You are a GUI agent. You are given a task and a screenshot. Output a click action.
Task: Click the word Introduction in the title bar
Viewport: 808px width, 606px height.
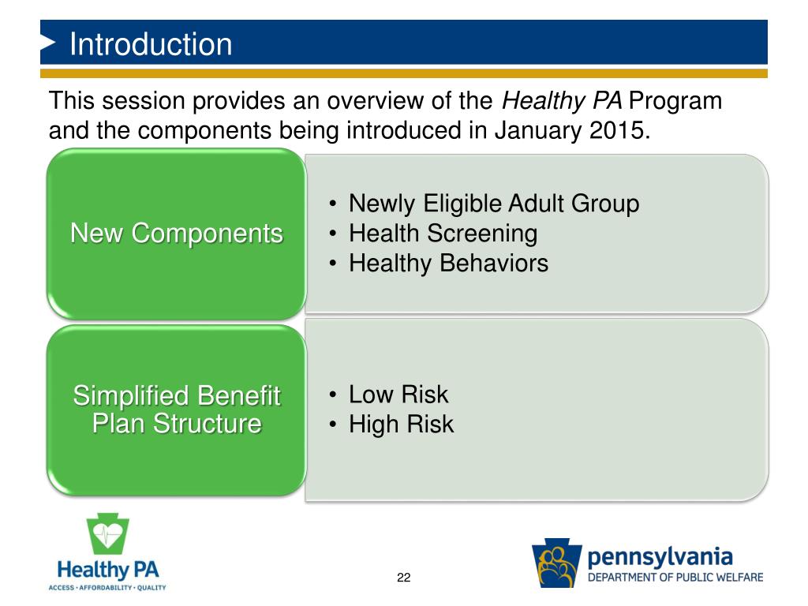coord(151,44)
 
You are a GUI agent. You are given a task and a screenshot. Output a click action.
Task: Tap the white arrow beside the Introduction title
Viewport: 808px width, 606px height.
coord(47,43)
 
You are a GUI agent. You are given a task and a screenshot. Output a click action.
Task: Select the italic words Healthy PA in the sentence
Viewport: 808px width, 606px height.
coord(562,101)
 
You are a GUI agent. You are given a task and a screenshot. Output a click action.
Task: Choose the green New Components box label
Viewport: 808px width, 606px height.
coord(177,233)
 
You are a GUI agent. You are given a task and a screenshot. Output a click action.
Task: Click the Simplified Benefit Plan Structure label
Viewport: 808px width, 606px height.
coord(177,410)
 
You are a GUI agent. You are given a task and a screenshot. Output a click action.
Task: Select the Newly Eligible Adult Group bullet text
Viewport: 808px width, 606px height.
coord(494,204)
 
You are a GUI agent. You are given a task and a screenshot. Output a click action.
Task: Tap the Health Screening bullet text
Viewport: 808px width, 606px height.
coord(443,234)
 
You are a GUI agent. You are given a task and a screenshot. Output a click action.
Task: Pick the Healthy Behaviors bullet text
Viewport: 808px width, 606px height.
coord(448,264)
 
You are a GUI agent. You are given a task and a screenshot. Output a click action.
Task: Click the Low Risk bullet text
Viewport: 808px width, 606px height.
coord(398,395)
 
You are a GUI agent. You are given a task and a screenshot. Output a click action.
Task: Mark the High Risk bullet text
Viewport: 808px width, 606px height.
coord(402,424)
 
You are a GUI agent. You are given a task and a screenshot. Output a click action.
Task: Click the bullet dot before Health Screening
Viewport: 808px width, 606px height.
coord(333,234)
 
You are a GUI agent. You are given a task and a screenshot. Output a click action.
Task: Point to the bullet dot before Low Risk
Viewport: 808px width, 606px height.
coord(333,395)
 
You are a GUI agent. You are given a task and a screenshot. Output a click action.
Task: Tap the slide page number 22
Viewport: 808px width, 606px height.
coord(403,578)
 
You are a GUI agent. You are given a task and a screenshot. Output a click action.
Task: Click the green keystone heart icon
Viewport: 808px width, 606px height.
coord(107,533)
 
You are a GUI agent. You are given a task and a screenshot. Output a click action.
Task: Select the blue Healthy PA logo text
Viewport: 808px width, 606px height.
coord(107,570)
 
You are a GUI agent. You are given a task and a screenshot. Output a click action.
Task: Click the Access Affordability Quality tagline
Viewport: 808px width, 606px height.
coord(107,587)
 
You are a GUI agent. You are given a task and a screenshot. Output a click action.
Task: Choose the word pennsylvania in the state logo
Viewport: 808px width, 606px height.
coord(660,558)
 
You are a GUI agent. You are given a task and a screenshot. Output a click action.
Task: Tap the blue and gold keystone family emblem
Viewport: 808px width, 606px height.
coord(557,563)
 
